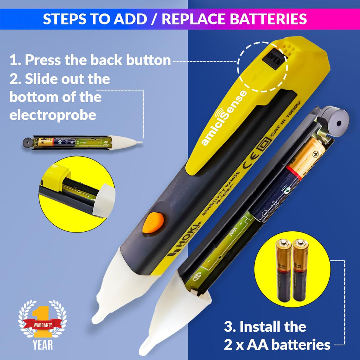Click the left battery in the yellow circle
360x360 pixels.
(283, 272)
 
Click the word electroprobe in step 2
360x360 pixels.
(53, 115)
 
